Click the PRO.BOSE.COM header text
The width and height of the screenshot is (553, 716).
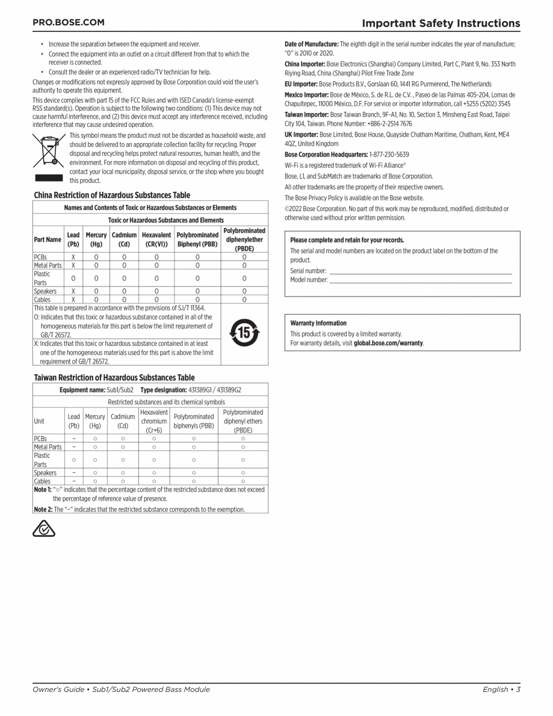click(68, 22)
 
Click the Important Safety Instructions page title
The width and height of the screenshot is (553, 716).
click(440, 23)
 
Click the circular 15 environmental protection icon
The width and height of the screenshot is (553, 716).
click(244, 333)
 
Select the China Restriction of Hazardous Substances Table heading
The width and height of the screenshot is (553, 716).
click(111, 195)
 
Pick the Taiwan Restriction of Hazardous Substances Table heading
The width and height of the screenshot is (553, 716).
click(114, 378)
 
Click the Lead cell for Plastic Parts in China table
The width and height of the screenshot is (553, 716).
click(73, 278)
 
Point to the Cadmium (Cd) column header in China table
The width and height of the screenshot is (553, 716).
click(124, 239)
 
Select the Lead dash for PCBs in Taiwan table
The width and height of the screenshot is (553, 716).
click(73, 439)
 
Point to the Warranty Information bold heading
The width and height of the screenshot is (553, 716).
click(318, 323)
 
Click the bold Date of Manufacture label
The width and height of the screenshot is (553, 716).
click(311, 45)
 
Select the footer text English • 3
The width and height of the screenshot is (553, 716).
click(501, 690)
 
